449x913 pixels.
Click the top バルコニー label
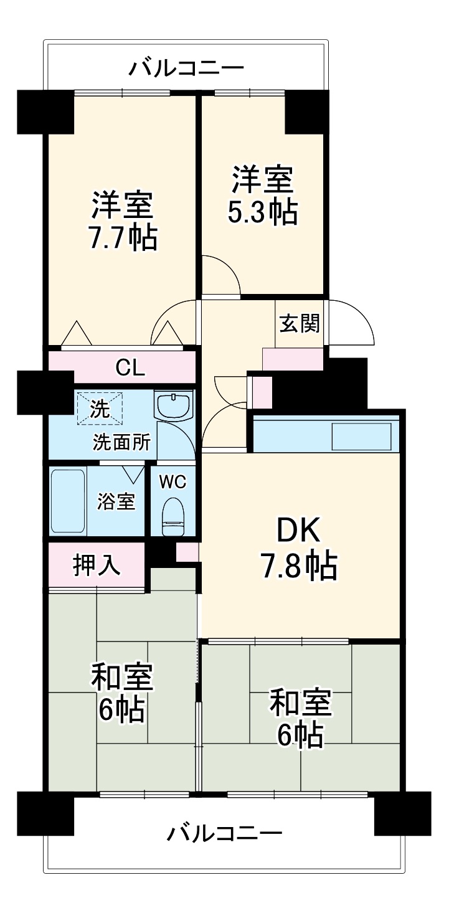[x=186, y=67]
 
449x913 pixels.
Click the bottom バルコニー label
[x=224, y=832]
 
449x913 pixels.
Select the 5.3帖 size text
[x=262, y=212]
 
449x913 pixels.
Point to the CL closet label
[x=130, y=368]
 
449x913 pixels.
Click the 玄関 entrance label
[x=300, y=323]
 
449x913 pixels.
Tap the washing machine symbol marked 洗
[x=100, y=409]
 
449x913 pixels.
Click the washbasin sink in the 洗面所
[x=174, y=407]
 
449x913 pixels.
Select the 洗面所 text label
[x=121, y=442]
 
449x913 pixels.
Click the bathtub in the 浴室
[x=67, y=499]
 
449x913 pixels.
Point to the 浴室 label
[x=116, y=501]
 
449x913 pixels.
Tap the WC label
[x=172, y=481]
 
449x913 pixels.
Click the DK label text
[x=298, y=531]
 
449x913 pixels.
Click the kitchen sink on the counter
[x=361, y=436]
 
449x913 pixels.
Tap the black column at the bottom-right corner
[x=402, y=812]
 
